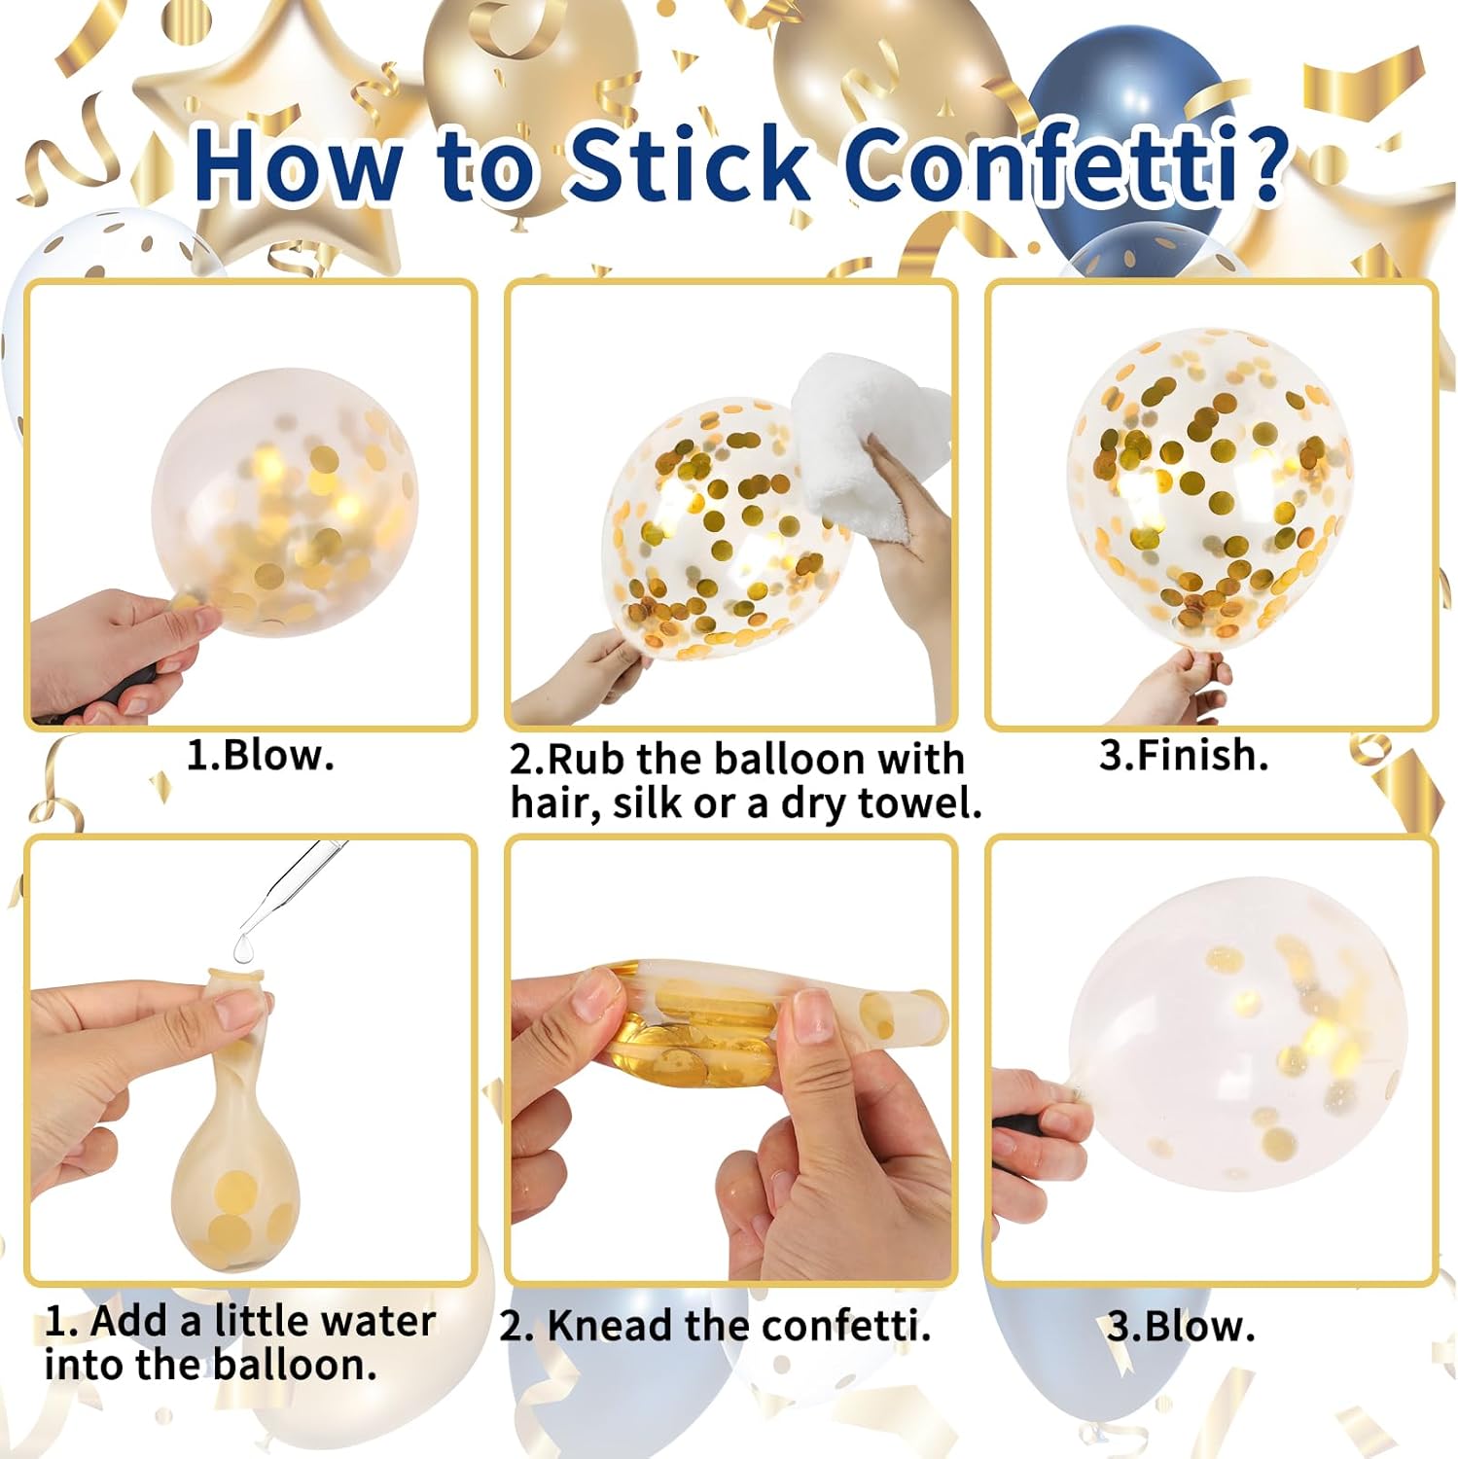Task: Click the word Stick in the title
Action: click(x=689, y=163)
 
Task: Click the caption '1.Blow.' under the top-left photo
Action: click(x=261, y=755)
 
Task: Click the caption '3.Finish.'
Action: click(x=1184, y=755)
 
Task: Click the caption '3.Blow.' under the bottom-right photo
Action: click(x=1181, y=1327)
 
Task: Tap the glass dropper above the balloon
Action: click(x=292, y=887)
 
